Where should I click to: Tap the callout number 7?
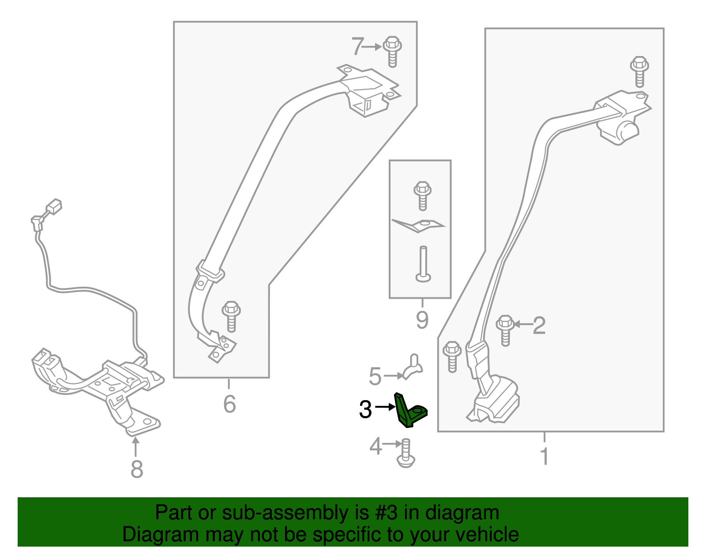coord(357,46)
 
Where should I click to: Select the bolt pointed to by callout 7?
coord(392,52)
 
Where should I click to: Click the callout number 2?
coord(539,325)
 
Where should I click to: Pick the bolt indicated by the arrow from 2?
coord(505,330)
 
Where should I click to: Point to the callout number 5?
coord(375,376)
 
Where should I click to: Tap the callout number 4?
coord(376,446)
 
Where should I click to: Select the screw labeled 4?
coord(406,453)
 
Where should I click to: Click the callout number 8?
coord(137,469)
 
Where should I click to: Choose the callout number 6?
coord(229,404)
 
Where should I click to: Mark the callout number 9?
coord(422,320)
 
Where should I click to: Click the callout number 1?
coord(545,456)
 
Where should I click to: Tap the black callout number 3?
coord(365,409)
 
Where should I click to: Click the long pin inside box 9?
coord(423,264)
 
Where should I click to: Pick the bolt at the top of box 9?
coord(422,196)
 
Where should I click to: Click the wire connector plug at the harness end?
coord(54,207)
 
